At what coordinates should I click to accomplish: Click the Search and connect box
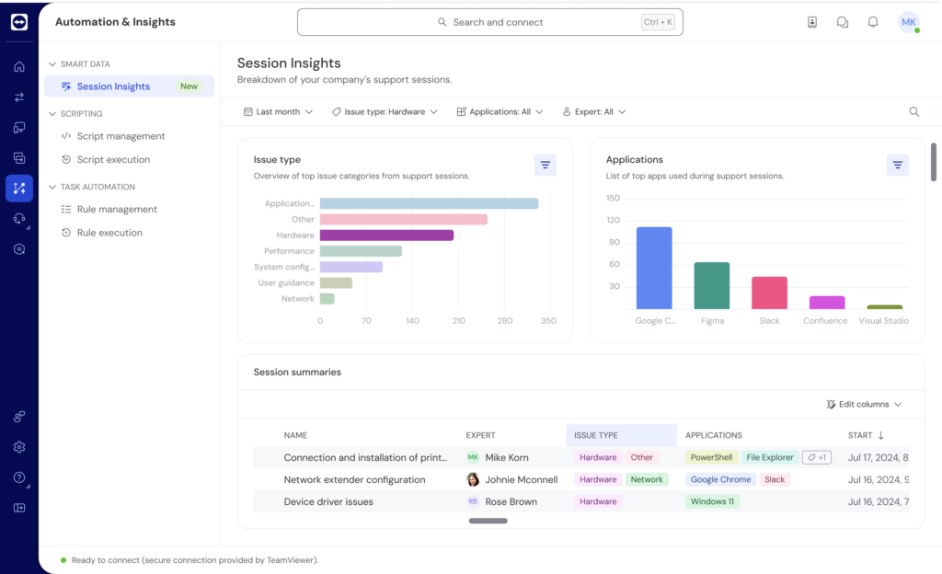[x=489, y=22]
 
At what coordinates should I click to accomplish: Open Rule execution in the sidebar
[x=109, y=233]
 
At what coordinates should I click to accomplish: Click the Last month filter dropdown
[x=278, y=111]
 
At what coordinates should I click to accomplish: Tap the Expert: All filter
[x=594, y=111]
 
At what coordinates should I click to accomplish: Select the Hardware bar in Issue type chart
[x=386, y=235]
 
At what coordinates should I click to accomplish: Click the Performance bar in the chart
[x=361, y=251]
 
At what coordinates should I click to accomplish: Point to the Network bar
[x=327, y=299]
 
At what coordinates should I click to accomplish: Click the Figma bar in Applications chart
[x=711, y=286]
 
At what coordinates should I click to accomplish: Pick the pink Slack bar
[x=769, y=293]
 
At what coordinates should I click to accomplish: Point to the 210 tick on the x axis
[x=458, y=321]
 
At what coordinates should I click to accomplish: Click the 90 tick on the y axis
[x=614, y=242]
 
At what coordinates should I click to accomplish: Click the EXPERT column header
[x=480, y=435]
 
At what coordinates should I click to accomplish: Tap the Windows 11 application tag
[x=712, y=502]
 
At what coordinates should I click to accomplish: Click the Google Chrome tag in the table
[x=720, y=479]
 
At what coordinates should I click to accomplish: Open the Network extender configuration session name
[x=354, y=479]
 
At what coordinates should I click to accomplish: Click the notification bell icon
[x=873, y=22]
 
